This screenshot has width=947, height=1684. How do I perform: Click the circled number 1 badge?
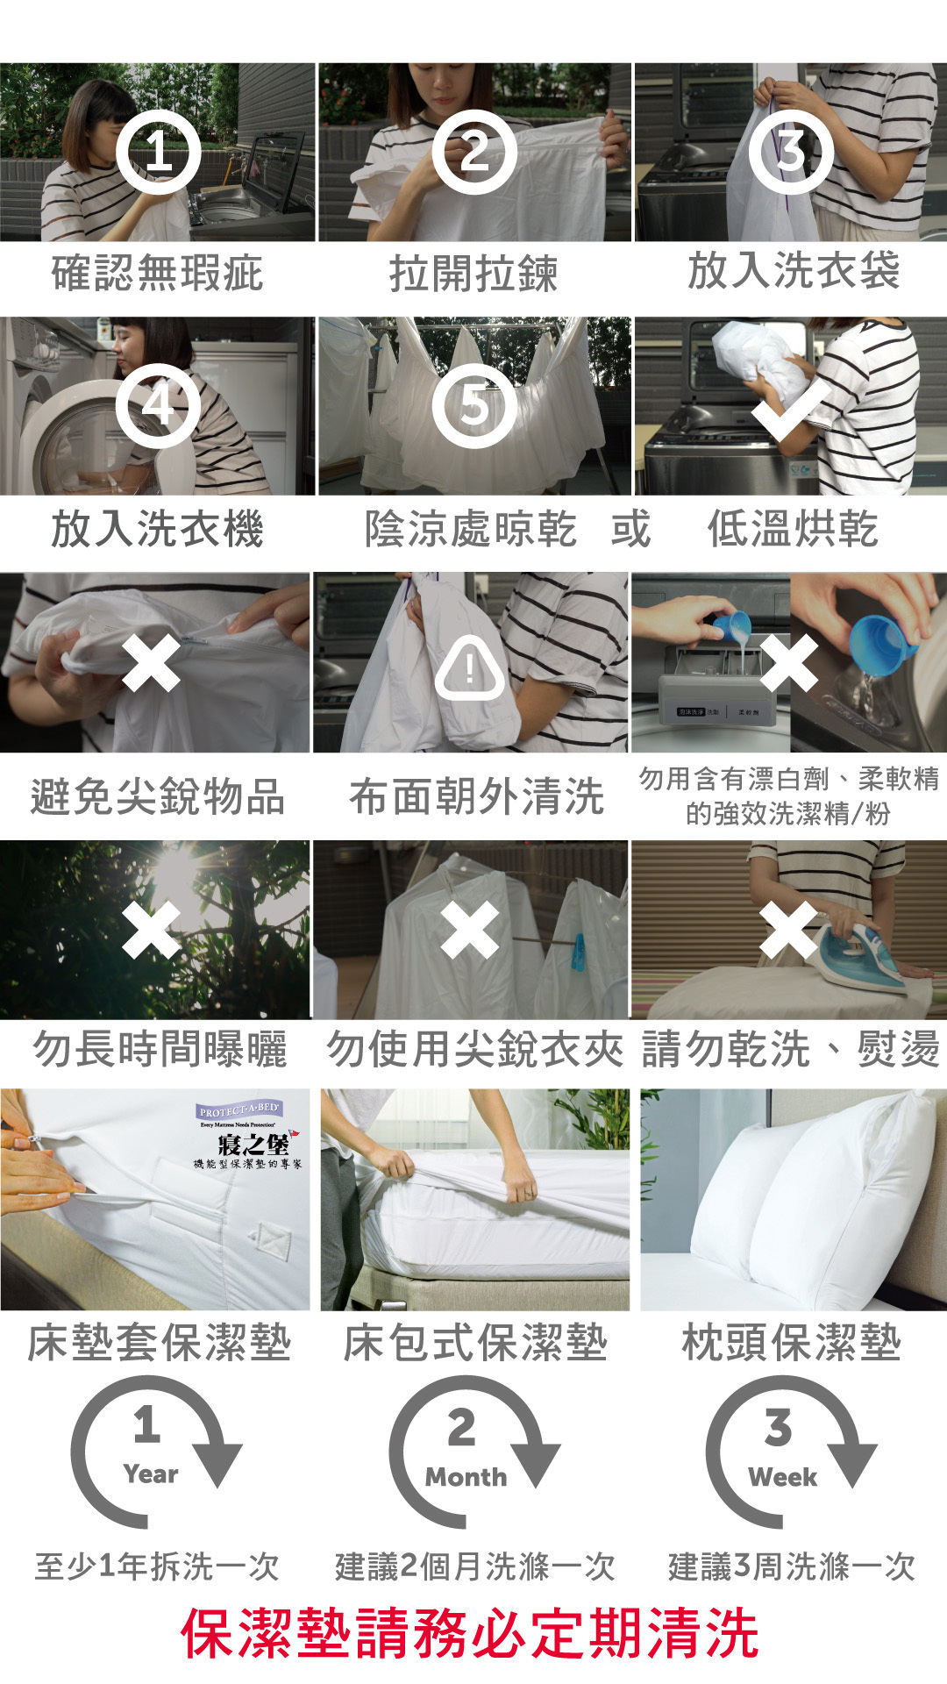point(159,152)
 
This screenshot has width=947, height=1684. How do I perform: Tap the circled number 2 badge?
point(474,152)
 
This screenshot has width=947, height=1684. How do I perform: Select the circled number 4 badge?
point(159,406)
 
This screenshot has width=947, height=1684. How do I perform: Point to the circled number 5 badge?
point(474,406)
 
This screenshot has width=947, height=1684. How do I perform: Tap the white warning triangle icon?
point(470,668)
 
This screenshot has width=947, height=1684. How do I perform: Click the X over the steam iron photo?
point(788,930)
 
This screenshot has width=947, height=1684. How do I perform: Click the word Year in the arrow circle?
point(151,1474)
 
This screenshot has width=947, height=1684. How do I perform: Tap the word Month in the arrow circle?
point(466,1477)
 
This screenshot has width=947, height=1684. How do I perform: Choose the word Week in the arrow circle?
point(783,1477)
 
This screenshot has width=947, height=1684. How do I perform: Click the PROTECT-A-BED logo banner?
point(239,1110)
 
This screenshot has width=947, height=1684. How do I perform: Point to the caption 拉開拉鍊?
point(473,274)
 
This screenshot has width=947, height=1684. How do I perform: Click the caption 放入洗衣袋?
point(794,270)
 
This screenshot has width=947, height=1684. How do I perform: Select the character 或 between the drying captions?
point(630,529)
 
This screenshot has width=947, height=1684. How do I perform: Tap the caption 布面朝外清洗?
point(476,796)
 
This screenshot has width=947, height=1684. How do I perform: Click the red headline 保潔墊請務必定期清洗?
point(470,1633)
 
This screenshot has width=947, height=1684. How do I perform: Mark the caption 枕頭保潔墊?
point(792,1343)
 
